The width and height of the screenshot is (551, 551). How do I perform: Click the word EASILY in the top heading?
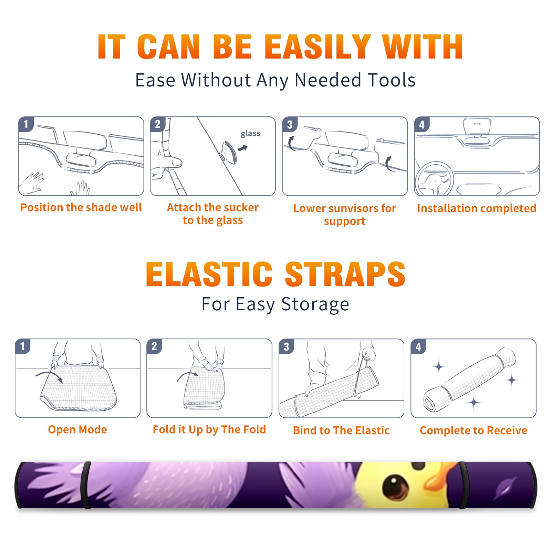point(318,47)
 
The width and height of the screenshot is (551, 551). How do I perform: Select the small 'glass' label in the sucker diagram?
point(250,134)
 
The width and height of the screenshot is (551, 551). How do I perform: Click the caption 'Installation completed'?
point(477,208)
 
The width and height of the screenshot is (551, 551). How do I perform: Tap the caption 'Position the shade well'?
point(81,207)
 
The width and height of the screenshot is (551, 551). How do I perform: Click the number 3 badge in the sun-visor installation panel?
point(290,124)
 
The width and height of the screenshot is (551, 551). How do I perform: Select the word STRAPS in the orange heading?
point(345,274)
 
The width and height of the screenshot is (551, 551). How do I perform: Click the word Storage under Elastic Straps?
point(315,304)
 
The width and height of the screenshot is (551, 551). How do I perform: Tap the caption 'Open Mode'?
point(77,429)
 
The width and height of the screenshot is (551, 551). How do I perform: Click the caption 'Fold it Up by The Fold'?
point(209,429)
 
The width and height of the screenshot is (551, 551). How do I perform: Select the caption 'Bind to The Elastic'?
point(341,430)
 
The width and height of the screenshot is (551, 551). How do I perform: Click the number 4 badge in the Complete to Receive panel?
point(418,346)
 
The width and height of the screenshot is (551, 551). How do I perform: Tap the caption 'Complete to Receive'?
point(474,430)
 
